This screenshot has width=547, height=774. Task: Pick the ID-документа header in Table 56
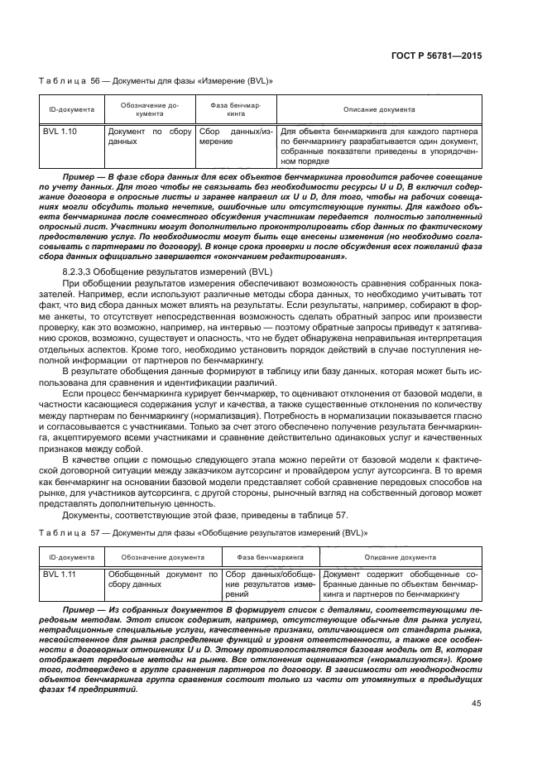(x=71, y=108)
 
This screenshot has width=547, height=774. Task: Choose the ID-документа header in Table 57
(x=71, y=557)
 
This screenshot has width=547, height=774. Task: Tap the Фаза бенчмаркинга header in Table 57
(x=269, y=557)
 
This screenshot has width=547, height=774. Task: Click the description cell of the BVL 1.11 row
(x=401, y=584)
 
